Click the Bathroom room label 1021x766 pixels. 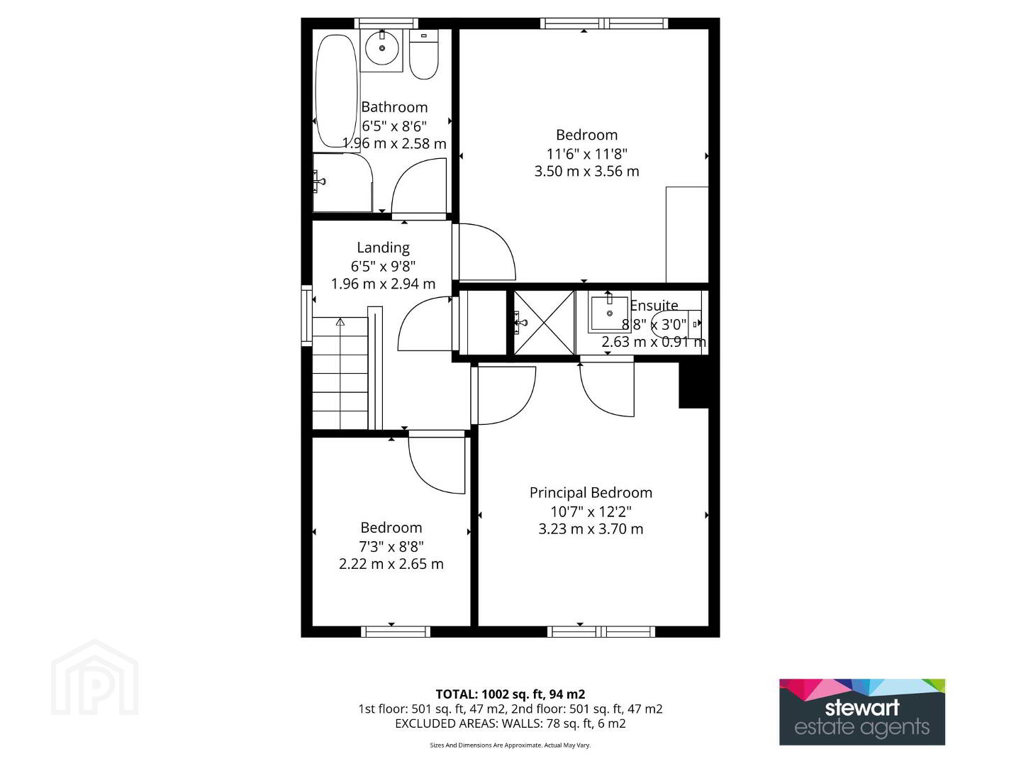pyautogui.click(x=394, y=107)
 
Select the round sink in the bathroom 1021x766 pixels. pyautogui.click(x=382, y=49)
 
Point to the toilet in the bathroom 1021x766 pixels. pyautogui.click(x=424, y=55)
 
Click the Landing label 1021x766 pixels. pyautogui.click(x=384, y=248)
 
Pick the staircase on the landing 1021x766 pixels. pyautogui.click(x=340, y=373)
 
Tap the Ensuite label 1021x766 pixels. pyautogui.click(x=654, y=306)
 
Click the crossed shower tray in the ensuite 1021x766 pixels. pyautogui.click(x=545, y=323)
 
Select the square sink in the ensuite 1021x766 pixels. pyautogui.click(x=609, y=314)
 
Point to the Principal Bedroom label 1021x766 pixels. pyautogui.click(x=591, y=492)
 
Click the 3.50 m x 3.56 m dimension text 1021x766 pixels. pyautogui.click(x=586, y=171)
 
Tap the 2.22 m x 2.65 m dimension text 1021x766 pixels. pyautogui.click(x=391, y=564)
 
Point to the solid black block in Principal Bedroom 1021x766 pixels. pyautogui.click(x=693, y=385)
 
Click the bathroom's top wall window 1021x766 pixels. pyautogui.click(x=386, y=23)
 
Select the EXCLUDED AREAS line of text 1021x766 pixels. pyautogui.click(x=510, y=723)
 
